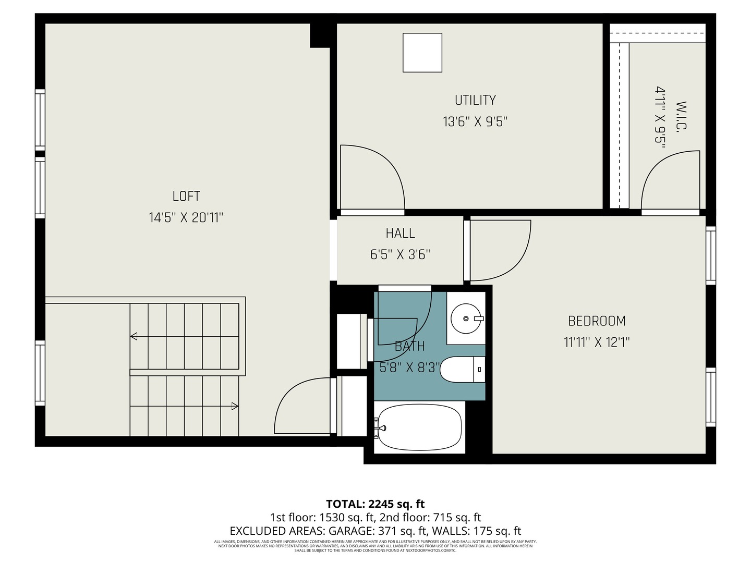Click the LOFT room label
186,196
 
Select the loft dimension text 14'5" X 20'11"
186,217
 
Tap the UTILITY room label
475,100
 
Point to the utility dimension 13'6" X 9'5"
475,121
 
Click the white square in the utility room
422,53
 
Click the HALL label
401,233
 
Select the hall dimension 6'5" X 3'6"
401,254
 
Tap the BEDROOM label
597,321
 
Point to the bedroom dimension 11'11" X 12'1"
597,342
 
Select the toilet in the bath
462,370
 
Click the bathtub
420,429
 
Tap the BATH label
409,346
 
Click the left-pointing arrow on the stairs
134,336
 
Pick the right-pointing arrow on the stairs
235,406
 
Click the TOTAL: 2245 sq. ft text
375,504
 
